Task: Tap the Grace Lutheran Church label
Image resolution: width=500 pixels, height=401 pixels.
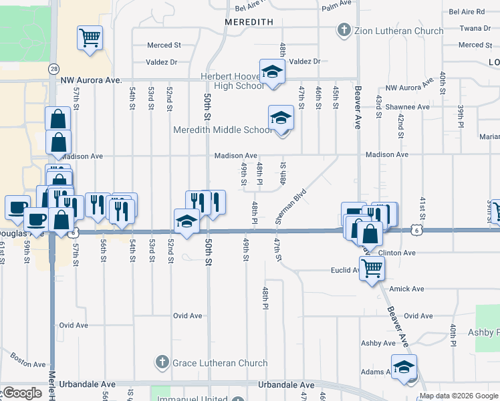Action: [211, 364]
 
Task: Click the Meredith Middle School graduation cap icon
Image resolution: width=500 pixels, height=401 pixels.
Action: [281, 119]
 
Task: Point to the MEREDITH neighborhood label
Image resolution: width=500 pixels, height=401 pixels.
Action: [249, 22]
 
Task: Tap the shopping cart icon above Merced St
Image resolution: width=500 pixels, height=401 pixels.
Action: [90, 37]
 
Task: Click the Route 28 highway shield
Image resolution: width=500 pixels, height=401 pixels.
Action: [53, 69]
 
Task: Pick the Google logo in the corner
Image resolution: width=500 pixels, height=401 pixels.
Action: [21, 394]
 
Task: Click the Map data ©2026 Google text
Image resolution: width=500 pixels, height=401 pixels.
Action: [459, 396]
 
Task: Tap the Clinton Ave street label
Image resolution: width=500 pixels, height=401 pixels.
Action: [397, 253]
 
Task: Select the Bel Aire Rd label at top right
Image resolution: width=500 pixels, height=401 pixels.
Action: [467, 12]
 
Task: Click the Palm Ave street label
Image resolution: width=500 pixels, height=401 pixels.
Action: [336, 4]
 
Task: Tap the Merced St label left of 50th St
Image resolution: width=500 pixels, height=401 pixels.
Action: [164, 45]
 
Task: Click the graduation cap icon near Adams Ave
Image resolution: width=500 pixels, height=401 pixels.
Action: [404, 368]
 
